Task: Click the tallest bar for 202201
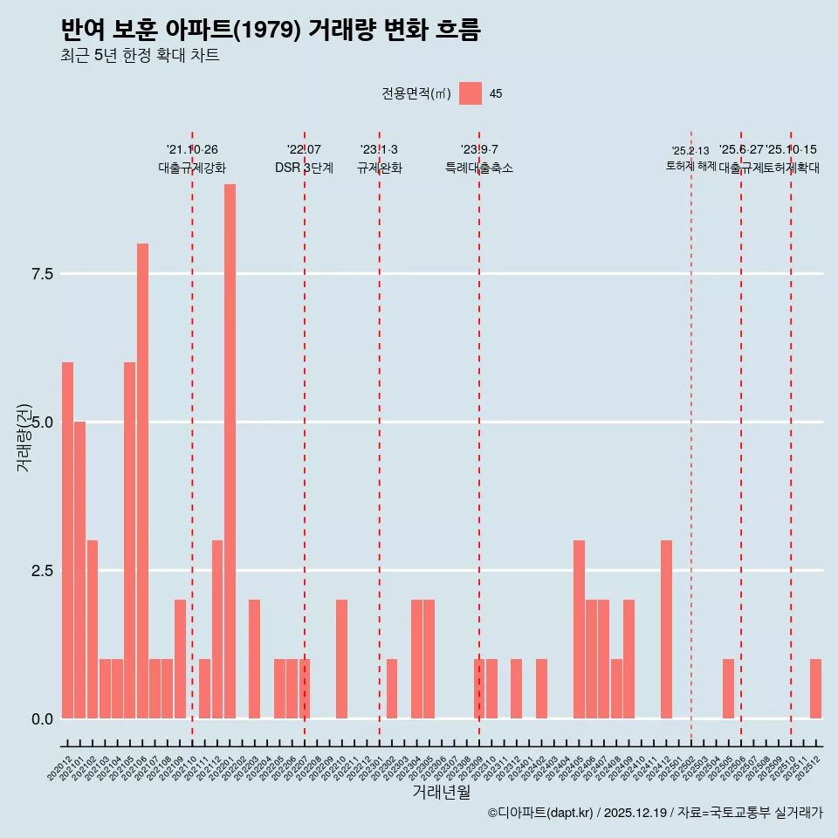point(230,451)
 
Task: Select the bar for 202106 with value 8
point(142,481)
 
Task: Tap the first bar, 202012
point(67,540)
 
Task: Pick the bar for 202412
point(666,629)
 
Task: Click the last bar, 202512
point(815,689)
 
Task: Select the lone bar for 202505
point(728,689)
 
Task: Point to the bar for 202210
point(341,659)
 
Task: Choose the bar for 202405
point(579,629)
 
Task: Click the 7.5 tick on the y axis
point(43,274)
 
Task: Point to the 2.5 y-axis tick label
point(43,571)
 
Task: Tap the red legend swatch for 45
point(471,93)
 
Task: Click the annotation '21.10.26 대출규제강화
point(192,159)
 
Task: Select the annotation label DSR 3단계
point(304,168)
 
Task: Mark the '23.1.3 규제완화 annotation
point(379,159)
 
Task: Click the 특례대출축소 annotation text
point(479,168)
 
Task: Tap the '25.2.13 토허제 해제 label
point(690,158)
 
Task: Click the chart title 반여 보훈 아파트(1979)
point(271,30)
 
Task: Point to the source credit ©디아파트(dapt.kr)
point(541,813)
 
